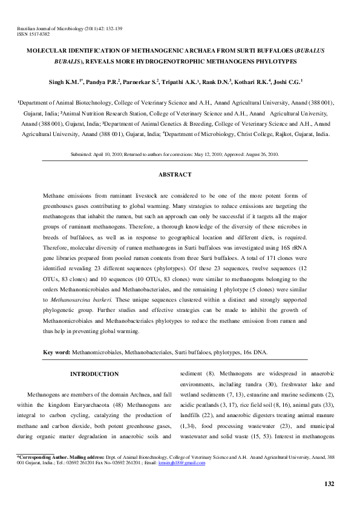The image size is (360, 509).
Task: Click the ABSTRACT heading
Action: (175, 175)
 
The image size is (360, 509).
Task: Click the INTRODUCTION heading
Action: (94, 375)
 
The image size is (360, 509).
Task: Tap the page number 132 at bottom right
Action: (329, 484)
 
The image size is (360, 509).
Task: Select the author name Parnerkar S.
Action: (142, 81)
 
